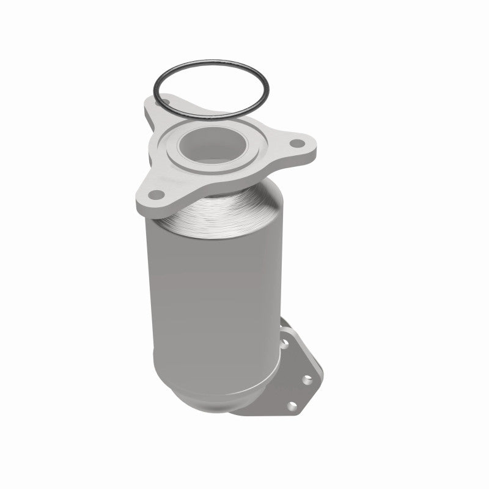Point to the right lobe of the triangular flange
point(303,147)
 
